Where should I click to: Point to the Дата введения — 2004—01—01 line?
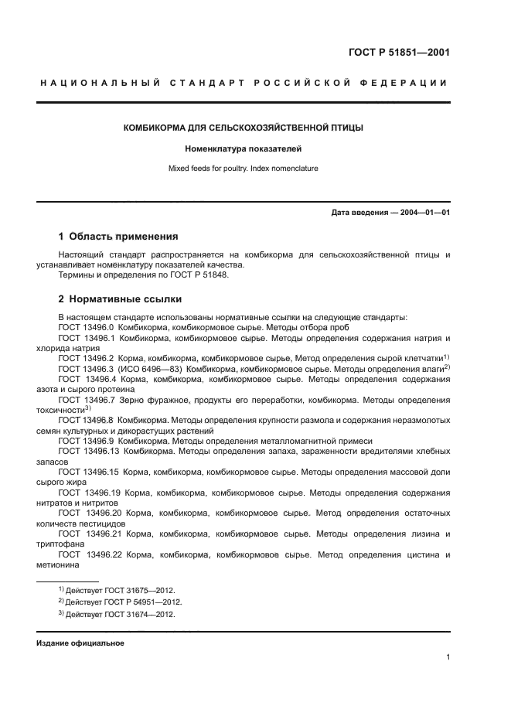tap(390, 212)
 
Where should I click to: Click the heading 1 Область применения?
tap(118, 237)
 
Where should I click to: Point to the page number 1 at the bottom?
tap(448, 657)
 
